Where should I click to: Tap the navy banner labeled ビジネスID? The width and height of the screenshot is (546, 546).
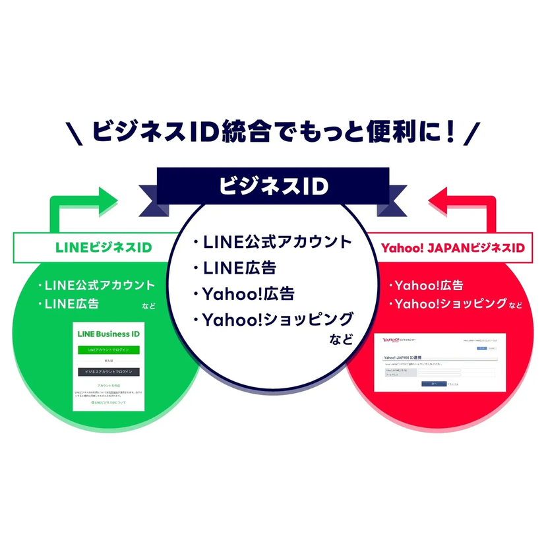(x=273, y=187)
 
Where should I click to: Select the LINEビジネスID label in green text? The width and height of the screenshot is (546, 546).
(x=103, y=247)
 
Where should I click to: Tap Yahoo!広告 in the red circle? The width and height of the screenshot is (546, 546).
(x=429, y=286)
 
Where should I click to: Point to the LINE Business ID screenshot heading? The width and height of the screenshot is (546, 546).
(x=108, y=334)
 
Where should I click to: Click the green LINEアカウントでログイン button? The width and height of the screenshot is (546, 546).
(x=108, y=349)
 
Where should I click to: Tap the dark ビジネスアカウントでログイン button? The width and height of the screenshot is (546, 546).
(x=108, y=372)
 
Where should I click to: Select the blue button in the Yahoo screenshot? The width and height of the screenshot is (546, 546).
(x=433, y=383)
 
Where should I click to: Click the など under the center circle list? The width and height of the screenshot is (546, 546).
(x=340, y=340)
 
